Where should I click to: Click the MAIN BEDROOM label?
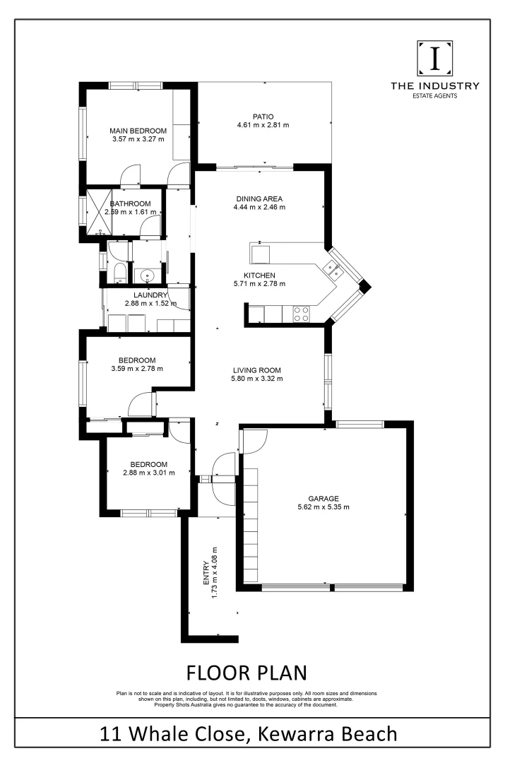(138, 131)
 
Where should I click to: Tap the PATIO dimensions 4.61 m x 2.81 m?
(263, 126)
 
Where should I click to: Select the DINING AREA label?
(259, 199)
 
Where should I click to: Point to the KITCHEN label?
(259, 276)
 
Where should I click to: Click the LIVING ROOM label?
(256, 369)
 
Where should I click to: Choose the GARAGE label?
(323, 498)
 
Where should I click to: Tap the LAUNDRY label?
(150, 295)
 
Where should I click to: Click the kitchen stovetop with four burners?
(300, 313)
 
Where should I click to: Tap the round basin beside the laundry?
(148, 276)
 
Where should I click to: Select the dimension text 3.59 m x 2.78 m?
(137, 368)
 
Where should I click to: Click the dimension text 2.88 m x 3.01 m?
(148, 473)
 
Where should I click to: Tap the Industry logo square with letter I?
(435, 59)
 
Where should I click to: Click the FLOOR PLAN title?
(246, 670)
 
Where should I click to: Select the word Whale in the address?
(170, 733)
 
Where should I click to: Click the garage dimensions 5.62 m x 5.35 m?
(323, 507)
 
